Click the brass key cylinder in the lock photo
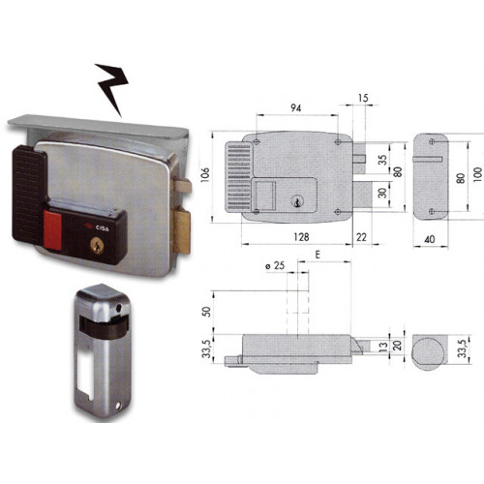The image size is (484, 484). tap(97, 246)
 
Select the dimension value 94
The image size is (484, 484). tap(295, 107)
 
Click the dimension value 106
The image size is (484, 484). tap(205, 174)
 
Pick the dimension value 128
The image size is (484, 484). tap(301, 237)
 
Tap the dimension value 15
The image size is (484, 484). tap(363, 98)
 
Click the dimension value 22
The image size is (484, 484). tap(361, 237)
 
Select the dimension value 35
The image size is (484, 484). tap(382, 160)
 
